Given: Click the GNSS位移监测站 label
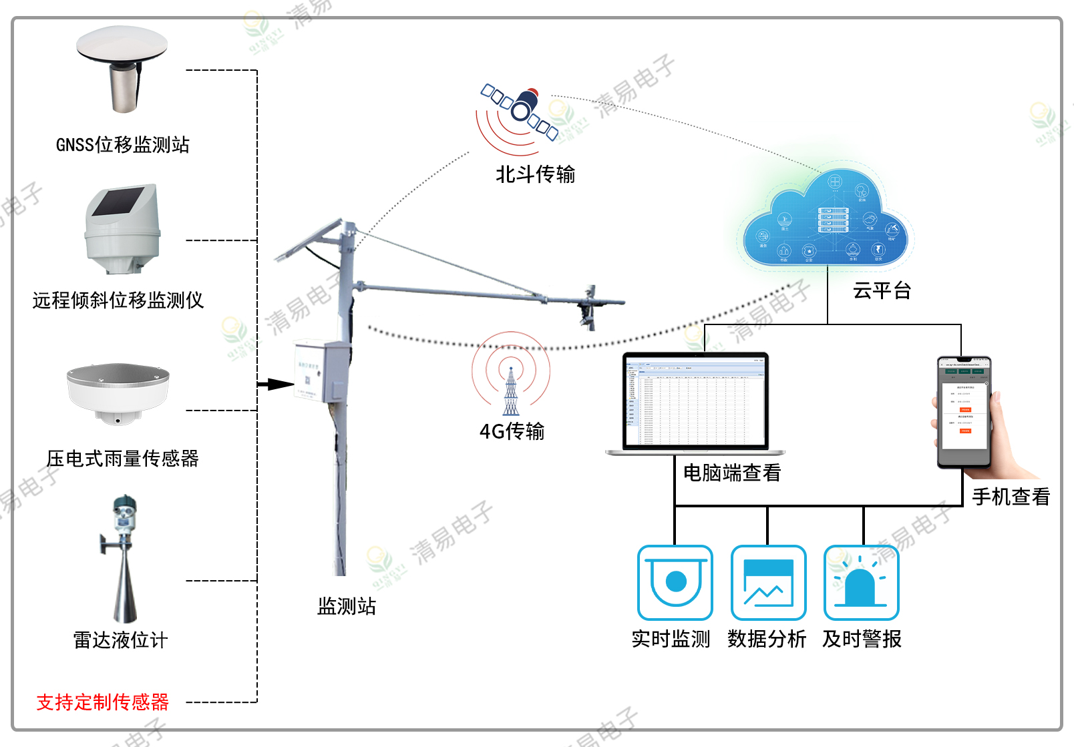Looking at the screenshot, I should [x=123, y=145].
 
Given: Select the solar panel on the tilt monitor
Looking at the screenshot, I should [x=118, y=202].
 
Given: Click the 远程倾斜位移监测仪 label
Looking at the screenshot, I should [x=118, y=300].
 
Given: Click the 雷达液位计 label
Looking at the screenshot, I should [x=120, y=640].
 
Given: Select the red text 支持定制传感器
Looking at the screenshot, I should [x=103, y=702].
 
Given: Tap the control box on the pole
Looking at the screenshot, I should [x=321, y=371].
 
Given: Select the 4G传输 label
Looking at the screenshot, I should [x=512, y=431].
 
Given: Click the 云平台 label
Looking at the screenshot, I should [x=882, y=291].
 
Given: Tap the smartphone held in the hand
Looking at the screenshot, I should [x=964, y=411].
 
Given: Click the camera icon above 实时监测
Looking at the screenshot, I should [x=675, y=583].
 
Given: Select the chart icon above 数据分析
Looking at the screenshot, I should [x=768, y=583].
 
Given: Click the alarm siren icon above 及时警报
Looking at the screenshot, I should [x=862, y=583].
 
